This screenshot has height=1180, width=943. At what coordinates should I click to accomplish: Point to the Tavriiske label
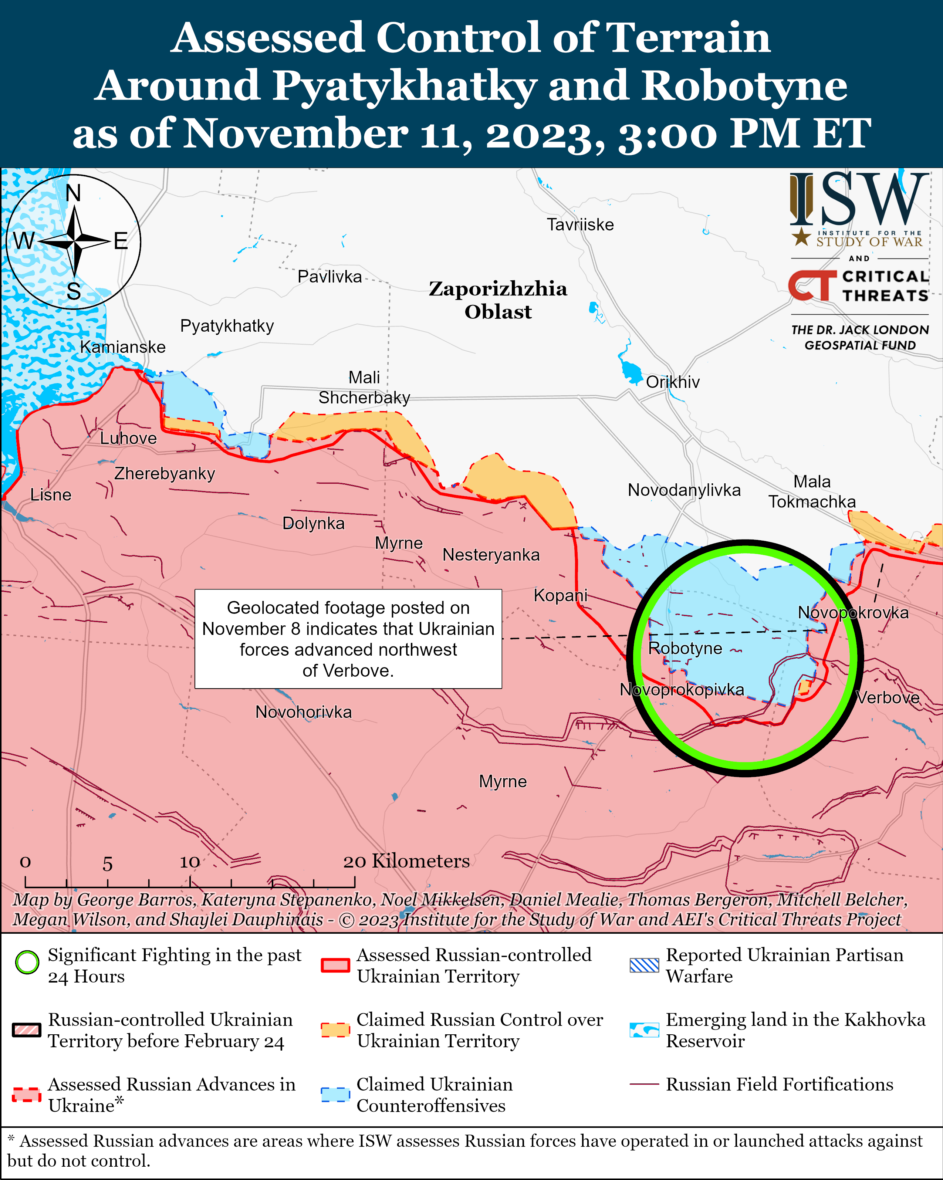(580, 224)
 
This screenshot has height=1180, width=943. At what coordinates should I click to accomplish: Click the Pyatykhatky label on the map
(227, 326)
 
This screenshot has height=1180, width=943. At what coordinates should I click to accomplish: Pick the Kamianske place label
(123, 347)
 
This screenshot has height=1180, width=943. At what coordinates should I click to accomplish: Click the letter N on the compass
(73, 193)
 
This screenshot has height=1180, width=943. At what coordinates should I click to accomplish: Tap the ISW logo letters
(859, 200)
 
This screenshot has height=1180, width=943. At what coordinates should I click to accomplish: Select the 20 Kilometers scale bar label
(406, 861)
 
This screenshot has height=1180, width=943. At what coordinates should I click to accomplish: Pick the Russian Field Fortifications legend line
(644, 1084)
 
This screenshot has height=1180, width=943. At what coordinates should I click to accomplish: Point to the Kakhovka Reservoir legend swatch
(644, 1030)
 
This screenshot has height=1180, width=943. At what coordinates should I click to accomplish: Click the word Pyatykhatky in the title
(404, 86)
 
